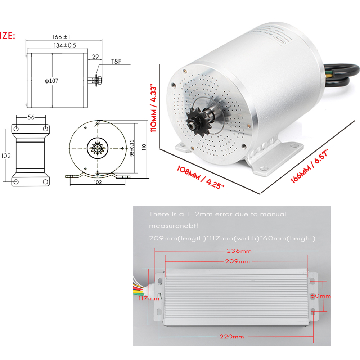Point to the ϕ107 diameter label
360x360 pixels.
[x=52, y=81]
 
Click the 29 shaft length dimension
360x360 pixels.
[x=95, y=57]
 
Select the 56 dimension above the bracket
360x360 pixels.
[x=31, y=117]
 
